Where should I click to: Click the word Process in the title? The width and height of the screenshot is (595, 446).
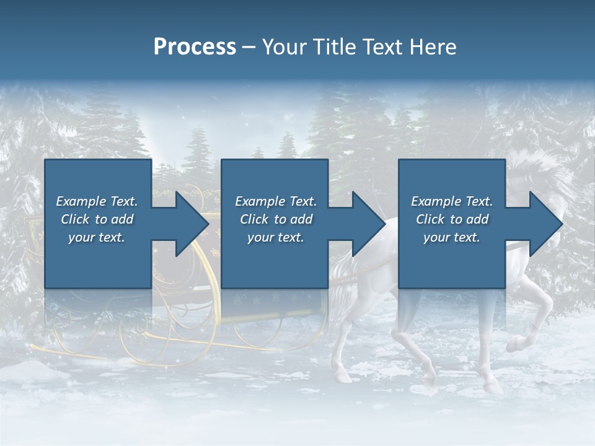[195, 46]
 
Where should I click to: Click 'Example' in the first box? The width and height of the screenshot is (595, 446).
[81, 201]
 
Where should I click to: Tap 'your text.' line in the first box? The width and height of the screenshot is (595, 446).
[97, 237]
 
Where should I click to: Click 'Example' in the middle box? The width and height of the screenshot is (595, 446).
[260, 201]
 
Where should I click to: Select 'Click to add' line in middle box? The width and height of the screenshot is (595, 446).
[276, 219]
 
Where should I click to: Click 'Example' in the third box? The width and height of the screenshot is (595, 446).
[436, 201]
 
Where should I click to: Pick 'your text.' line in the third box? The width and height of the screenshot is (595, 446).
[451, 237]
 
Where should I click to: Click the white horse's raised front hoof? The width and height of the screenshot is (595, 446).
[515, 343]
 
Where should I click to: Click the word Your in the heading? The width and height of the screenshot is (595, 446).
[284, 46]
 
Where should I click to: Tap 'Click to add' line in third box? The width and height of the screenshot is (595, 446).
[452, 219]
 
